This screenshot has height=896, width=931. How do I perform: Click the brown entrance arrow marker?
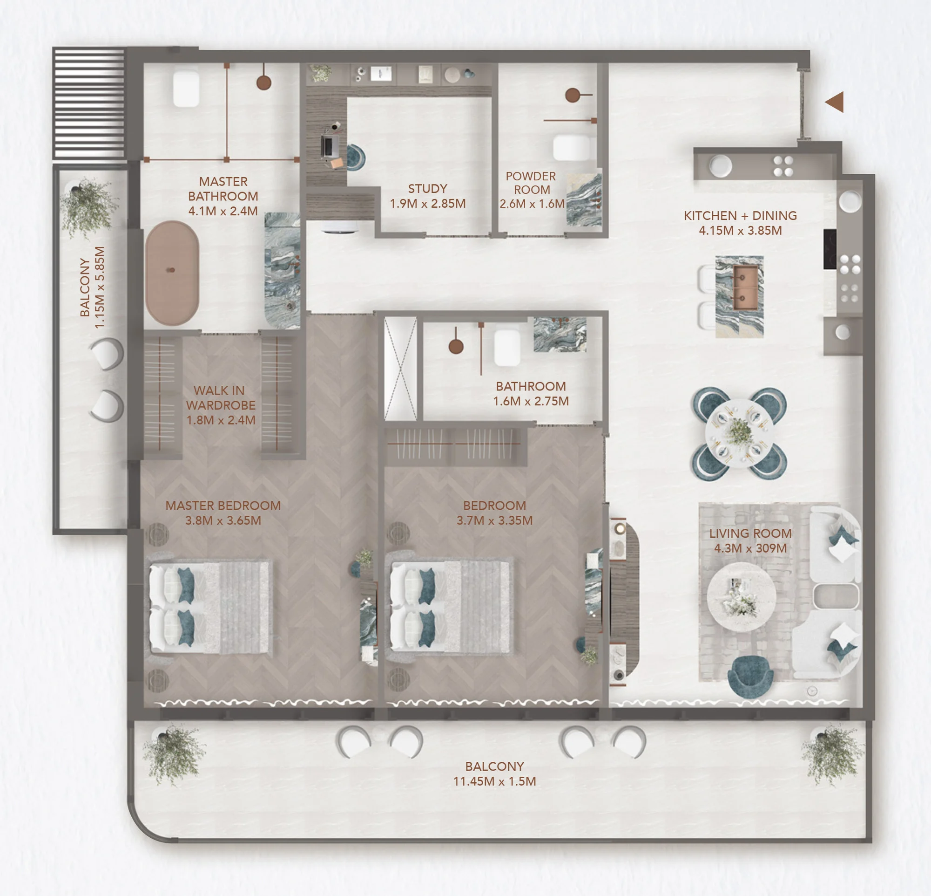point(835,102)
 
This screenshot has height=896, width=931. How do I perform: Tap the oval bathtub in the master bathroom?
point(172,273)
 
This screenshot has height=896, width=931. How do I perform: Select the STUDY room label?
point(427,189)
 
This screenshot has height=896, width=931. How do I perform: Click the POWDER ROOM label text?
point(531,183)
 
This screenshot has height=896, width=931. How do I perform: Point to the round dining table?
point(739,433)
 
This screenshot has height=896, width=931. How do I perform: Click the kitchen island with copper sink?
point(739,297)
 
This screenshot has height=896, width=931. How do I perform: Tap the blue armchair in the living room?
point(750,677)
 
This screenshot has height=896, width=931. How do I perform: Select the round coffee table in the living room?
point(742,597)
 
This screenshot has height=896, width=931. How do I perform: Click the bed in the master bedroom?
point(209,607)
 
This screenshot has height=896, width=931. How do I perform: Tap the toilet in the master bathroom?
point(186,89)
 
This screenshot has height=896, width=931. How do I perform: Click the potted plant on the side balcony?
point(88,207)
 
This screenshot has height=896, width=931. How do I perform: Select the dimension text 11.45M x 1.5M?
point(494,781)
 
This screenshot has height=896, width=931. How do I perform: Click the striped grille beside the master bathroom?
point(89,103)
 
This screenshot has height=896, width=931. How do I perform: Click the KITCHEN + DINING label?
point(740,215)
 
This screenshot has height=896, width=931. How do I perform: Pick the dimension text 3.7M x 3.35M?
point(494,520)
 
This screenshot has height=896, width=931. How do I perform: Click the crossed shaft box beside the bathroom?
point(400,369)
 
